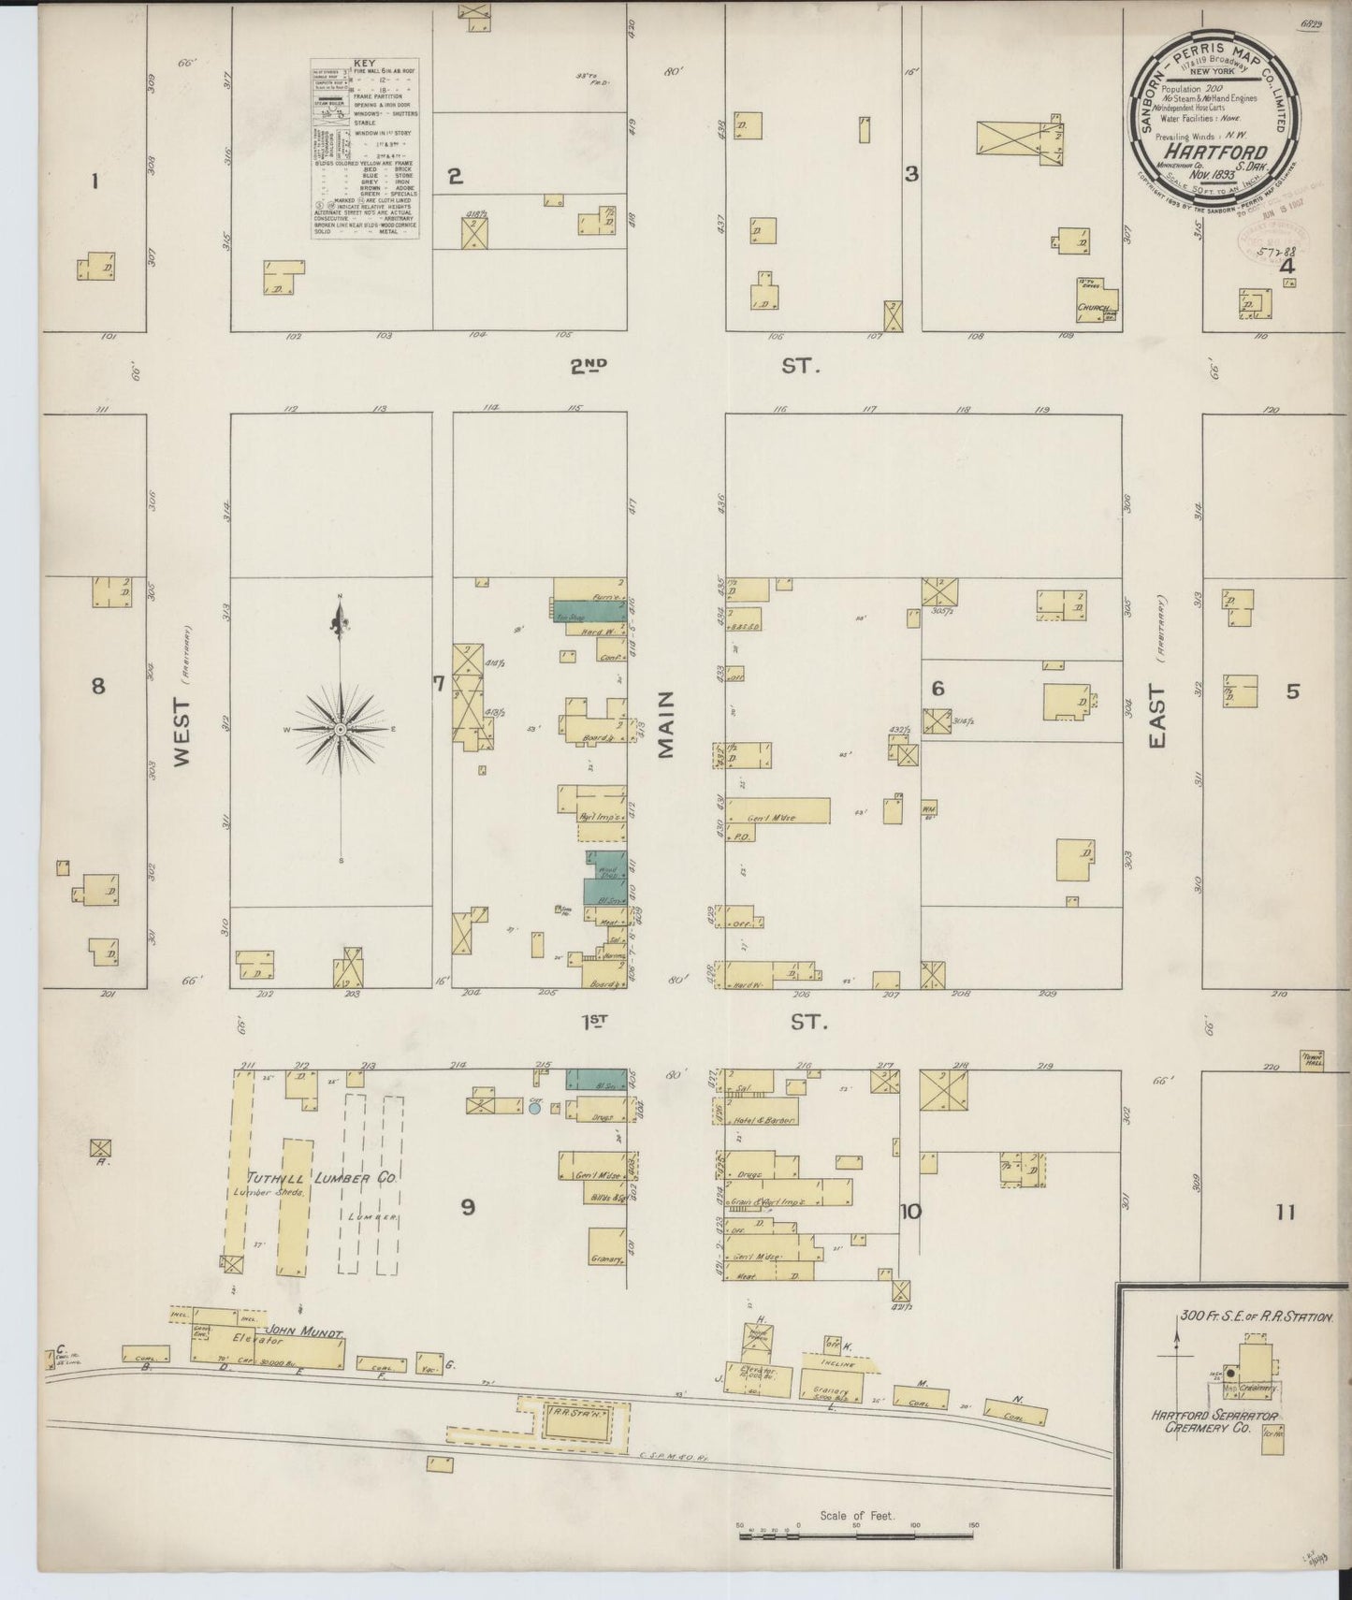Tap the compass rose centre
pos(341,728)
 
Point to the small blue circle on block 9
pos(534,1108)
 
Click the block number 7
pos(437,684)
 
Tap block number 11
pos(1285,1213)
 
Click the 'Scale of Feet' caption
pos(856,1515)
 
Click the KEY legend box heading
pos(365,65)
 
